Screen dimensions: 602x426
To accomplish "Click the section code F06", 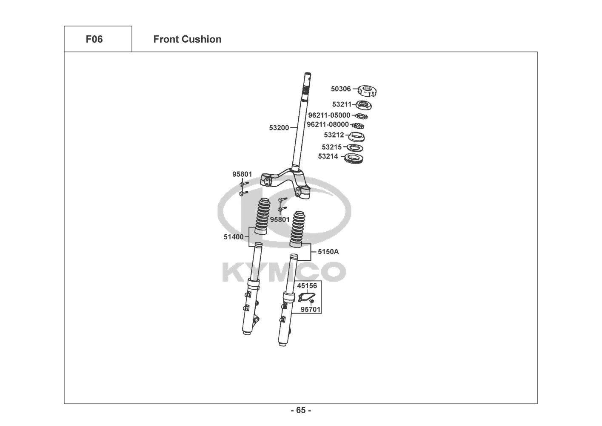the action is tap(94, 39).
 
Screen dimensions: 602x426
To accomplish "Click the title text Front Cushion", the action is tap(187, 39).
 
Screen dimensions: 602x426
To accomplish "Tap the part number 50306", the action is tap(341, 89).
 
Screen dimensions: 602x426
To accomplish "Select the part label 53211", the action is tap(342, 104).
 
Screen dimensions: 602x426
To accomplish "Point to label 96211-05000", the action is tap(329, 115).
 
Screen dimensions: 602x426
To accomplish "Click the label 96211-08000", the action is tap(328, 124).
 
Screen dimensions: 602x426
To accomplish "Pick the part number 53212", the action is tap(334, 135).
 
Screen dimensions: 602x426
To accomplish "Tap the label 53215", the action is tap(332, 147).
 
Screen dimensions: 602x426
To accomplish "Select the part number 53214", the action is tap(328, 156).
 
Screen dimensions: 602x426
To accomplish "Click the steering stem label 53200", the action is tap(279, 128).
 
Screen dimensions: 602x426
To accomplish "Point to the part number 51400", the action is tap(234, 237).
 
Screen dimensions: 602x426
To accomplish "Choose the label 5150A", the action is tap(328, 252).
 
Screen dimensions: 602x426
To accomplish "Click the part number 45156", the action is tap(307, 285).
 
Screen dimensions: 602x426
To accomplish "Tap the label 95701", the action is tap(311, 309).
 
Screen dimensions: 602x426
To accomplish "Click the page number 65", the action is tap(301, 410).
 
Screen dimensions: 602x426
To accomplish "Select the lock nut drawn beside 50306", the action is tap(367, 90).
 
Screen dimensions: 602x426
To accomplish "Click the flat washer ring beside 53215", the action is tap(355, 148).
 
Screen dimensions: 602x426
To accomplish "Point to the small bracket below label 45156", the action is tap(305, 297).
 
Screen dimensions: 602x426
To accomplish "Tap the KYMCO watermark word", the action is tap(284, 272).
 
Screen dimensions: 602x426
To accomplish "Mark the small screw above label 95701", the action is tap(312, 302).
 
